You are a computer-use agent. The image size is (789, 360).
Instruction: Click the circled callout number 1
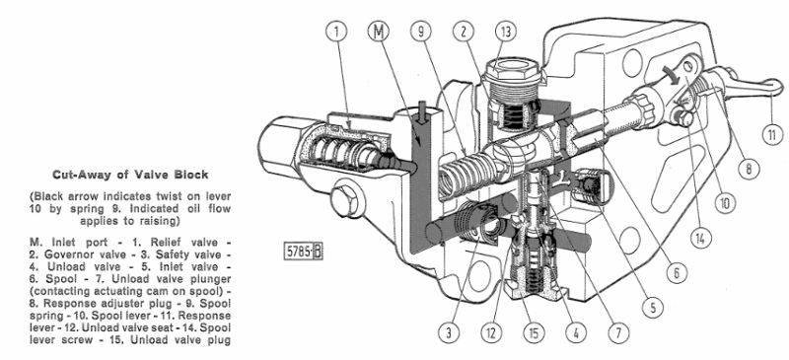pos(338,32)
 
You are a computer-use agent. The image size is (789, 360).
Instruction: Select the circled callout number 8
pos(750,168)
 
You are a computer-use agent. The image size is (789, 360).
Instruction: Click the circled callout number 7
pos(618,331)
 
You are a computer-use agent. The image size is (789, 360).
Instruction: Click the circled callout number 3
pos(450,332)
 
